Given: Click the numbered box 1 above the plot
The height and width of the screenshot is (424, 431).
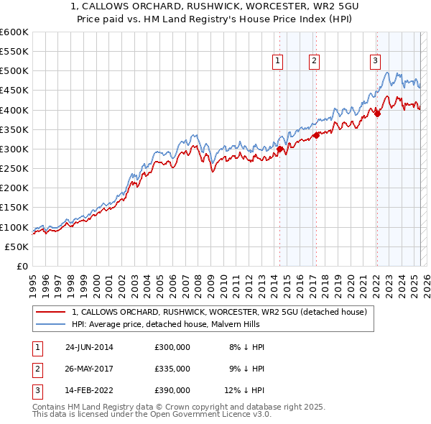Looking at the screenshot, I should tap(277, 62).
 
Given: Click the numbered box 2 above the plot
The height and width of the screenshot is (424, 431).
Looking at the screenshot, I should tap(315, 62).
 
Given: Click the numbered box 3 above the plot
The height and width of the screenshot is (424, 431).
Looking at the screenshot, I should tap(375, 62).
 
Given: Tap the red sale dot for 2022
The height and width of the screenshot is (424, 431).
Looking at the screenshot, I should tap(378, 113).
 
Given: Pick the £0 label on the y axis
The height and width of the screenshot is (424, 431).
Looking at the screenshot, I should tap(22, 266).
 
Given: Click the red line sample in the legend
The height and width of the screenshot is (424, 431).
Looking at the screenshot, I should tap(49, 312).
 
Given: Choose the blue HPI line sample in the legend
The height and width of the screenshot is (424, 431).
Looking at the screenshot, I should tap(49, 324).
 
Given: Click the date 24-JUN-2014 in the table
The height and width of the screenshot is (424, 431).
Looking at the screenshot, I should tap(89, 347).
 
